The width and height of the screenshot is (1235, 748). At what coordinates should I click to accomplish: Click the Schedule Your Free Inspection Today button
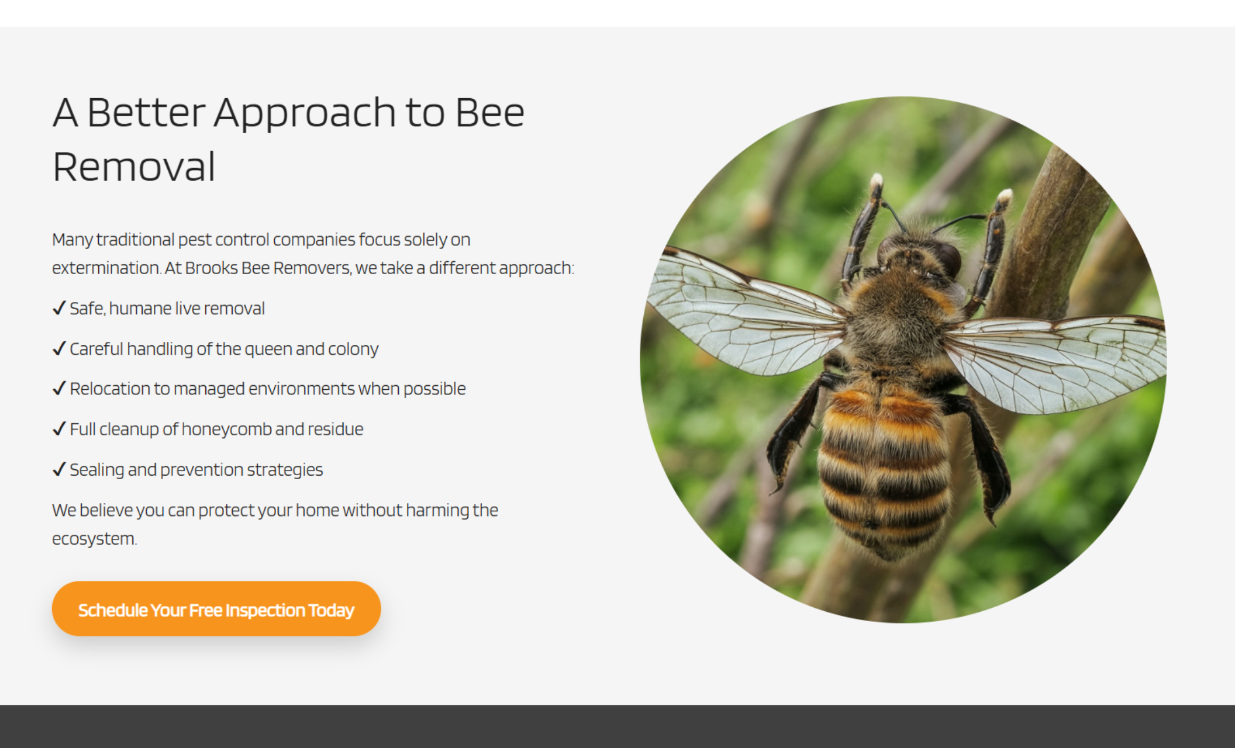(216, 609)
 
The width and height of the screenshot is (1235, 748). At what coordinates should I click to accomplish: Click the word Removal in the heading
(134, 167)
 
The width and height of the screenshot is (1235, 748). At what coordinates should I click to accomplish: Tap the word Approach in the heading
(305, 112)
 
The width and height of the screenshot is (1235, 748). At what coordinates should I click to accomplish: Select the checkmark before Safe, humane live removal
(58, 308)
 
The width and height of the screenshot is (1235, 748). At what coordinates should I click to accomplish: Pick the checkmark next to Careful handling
(58, 349)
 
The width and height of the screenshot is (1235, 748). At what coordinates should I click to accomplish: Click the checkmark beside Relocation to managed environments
(58, 389)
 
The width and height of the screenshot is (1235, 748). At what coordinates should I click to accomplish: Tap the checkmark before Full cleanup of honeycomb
(58, 429)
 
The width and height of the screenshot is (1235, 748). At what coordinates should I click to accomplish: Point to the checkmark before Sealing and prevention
(58, 469)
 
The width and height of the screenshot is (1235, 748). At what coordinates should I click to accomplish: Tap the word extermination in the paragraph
(106, 268)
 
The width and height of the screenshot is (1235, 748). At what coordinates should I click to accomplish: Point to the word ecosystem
(94, 539)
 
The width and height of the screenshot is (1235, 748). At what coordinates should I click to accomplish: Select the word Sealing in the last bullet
(96, 470)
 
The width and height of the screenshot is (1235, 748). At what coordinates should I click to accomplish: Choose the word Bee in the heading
(489, 112)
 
